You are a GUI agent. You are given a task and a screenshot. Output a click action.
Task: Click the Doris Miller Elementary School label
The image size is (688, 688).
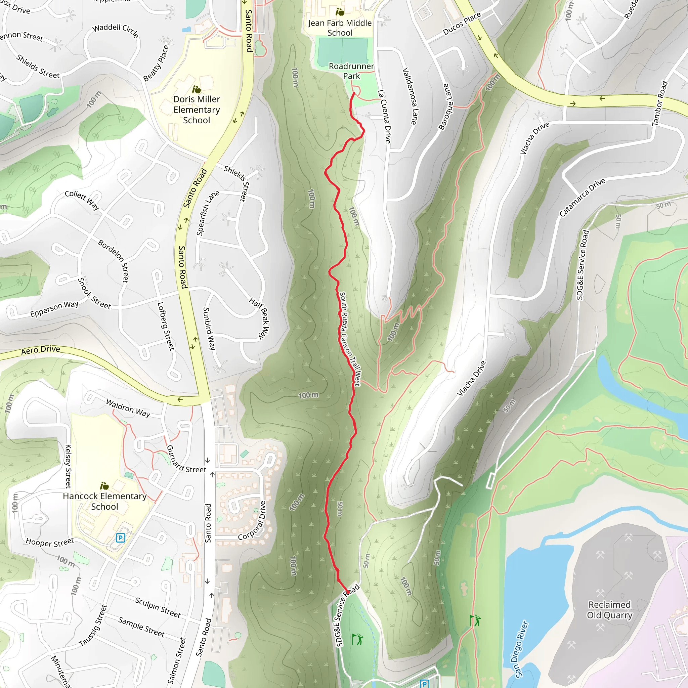pyautogui.click(x=196, y=110)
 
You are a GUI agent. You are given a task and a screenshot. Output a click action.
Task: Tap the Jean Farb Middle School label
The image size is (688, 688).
pyautogui.click(x=340, y=28)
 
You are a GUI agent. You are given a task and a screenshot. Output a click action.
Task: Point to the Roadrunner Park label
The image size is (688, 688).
pyautogui.click(x=351, y=71)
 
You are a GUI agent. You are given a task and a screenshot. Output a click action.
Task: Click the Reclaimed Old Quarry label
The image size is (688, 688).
pyautogui.click(x=609, y=610)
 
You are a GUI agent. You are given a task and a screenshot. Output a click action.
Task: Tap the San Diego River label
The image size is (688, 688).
pyautogui.click(x=521, y=649)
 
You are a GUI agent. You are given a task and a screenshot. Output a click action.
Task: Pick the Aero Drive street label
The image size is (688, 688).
pyautogui.click(x=41, y=350)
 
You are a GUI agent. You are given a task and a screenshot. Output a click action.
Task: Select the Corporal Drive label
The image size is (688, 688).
pyautogui.click(x=252, y=521)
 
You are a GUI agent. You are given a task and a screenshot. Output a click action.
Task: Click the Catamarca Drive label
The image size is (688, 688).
pyautogui.click(x=582, y=197)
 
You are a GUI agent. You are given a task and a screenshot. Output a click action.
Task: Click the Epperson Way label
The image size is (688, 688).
pyautogui.click(x=54, y=309)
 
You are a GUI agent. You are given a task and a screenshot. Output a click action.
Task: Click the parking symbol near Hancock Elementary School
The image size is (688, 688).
pyautogui.click(x=121, y=538)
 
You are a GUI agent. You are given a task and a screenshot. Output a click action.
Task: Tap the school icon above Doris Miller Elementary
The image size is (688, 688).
pyautogui.click(x=196, y=89)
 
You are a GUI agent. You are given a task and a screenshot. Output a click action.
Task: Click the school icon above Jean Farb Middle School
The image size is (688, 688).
pyautogui.click(x=340, y=12)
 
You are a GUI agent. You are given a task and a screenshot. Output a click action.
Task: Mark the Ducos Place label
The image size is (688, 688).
pyautogui.click(x=462, y=24)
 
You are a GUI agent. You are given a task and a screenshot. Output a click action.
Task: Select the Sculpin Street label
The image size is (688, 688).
pyautogui.click(x=158, y=607)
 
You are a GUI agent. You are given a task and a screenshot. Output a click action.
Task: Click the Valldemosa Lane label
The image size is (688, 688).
pyautogui.click(x=410, y=96)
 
